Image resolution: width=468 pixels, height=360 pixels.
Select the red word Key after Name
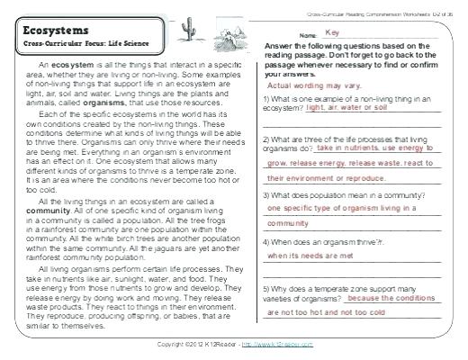[336, 32]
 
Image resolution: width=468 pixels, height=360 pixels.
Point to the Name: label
[308, 35]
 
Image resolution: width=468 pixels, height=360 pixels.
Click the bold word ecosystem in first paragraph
[73, 67]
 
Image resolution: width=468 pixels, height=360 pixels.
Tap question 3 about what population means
[355, 195]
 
